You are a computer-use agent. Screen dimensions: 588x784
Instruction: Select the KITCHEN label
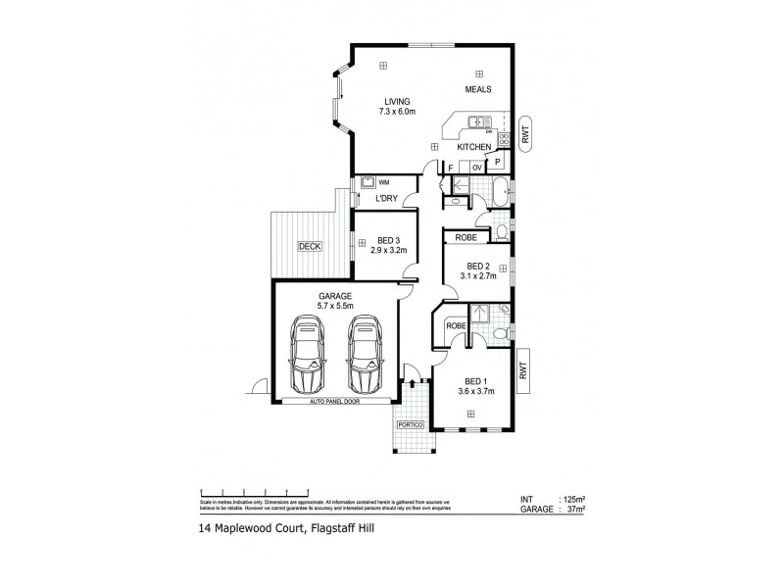(475, 147)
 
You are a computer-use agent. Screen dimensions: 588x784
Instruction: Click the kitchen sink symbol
(474, 122)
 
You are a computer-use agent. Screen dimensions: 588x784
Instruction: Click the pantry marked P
(498, 163)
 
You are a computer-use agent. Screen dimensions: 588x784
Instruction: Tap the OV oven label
(476, 168)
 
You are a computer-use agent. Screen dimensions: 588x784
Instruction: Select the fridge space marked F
(450, 168)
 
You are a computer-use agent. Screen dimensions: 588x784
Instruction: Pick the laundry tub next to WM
(367, 181)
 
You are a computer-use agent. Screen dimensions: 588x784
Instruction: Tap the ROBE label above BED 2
(466, 237)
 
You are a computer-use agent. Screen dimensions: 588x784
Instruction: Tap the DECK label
(310, 248)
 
